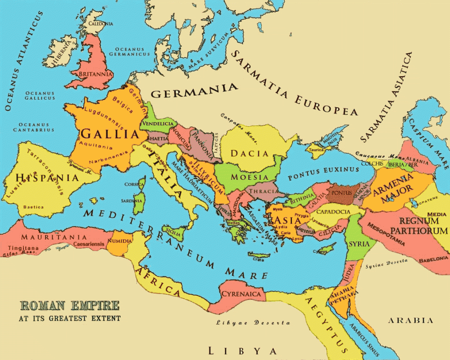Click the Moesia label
pos(250,177)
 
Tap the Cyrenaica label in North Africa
pos(241,294)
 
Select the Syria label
pos(359,244)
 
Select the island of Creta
pos(259,256)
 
